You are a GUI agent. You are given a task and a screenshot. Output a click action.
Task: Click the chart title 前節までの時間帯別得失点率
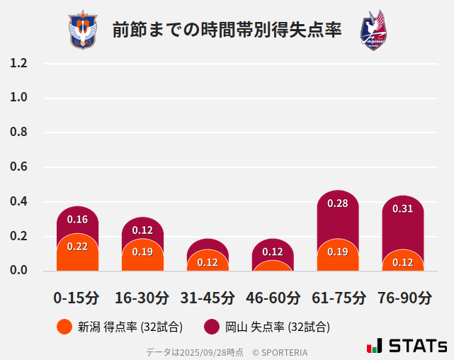(227, 30)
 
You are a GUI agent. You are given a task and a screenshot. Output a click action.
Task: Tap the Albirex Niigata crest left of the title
(84, 30)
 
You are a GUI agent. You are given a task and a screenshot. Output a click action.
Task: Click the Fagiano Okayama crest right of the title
(373, 30)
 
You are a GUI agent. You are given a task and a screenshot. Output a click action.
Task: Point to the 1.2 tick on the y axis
(18, 63)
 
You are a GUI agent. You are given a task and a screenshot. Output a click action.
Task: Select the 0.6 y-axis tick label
(18, 167)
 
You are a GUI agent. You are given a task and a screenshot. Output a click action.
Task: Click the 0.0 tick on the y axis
(18, 271)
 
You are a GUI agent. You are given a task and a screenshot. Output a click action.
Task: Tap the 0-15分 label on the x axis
(76, 297)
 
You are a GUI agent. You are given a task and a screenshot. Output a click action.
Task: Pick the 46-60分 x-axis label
(273, 297)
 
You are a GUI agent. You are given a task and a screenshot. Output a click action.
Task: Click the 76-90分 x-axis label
(403, 297)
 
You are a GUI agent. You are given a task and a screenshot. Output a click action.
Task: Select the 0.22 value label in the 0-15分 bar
(77, 247)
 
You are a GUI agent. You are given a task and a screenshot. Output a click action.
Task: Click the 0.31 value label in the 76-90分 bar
(403, 208)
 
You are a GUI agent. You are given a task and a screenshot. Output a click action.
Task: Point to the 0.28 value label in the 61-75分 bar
(338, 203)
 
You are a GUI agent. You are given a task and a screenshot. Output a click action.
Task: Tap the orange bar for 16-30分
(142, 257)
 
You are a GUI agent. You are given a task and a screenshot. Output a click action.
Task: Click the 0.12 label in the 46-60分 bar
(273, 252)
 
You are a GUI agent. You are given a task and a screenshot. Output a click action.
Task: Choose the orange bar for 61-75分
(338, 257)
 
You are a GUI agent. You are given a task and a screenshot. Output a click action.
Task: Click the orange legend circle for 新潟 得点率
(64, 327)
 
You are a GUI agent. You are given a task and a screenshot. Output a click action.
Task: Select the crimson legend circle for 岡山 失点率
(212, 327)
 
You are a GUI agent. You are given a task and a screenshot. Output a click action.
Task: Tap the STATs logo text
(417, 346)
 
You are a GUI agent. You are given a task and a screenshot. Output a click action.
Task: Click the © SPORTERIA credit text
(280, 352)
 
